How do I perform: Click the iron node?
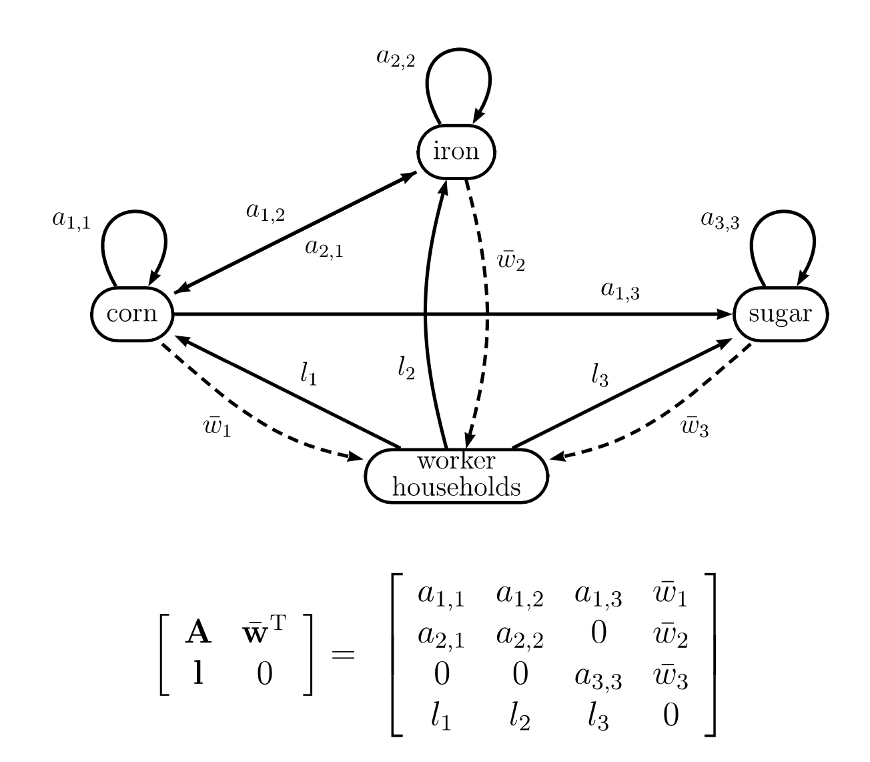tap(456, 151)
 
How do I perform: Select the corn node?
tap(132, 313)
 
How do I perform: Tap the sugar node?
tap(780, 314)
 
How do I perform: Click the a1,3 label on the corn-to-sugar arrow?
tap(620, 290)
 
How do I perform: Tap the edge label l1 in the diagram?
tap(308, 375)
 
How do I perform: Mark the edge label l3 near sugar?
tap(600, 376)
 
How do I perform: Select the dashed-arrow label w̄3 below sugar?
tap(695, 426)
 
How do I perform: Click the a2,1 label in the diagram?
tap(324, 248)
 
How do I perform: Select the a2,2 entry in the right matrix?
tap(519, 637)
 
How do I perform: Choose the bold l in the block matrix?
tap(197, 675)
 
